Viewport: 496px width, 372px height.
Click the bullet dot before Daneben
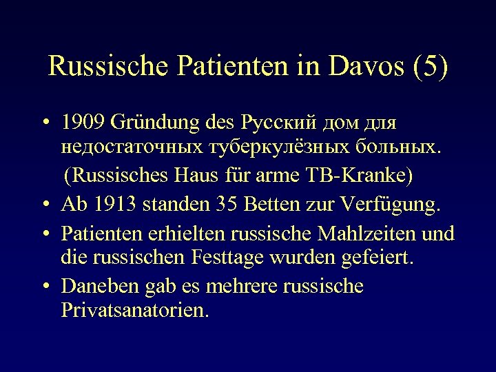(x=44, y=286)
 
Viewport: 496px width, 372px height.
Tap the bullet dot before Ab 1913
(x=44, y=205)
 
